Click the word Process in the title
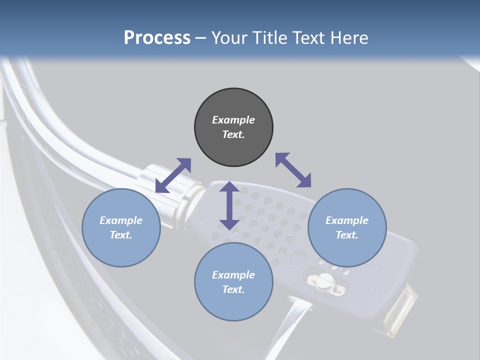pos(157,38)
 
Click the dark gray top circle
pos(233,127)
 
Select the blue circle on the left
pos(121,227)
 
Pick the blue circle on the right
pos(346,227)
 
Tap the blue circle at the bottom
pos(233,281)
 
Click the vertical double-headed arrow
pos(229,205)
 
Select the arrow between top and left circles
pos(173,175)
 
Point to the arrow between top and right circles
pos(293,170)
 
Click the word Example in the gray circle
pos(233,120)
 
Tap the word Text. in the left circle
pos(121,235)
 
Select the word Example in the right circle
pos(346,220)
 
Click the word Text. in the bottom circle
pos(233,289)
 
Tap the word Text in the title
pos(307,38)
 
